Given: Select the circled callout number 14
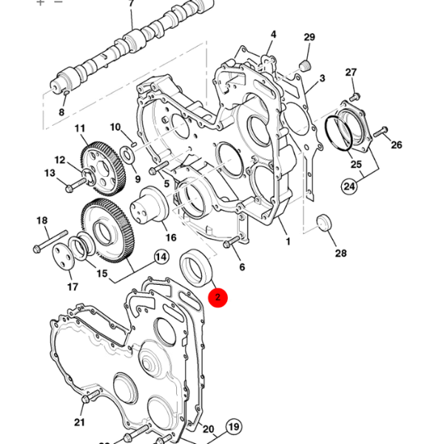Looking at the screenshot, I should [160, 258].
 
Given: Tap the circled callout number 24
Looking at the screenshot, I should [349, 186].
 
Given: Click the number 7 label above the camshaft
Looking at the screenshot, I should [132, 4].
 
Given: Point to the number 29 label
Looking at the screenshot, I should [309, 38].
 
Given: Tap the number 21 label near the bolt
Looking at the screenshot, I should [79, 423].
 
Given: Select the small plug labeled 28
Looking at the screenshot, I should [323, 223].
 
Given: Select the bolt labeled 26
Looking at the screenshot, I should [381, 133].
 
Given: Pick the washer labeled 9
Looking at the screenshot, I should [127, 154].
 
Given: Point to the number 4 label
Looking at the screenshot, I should [273, 35].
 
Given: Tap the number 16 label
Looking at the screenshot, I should [171, 238].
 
